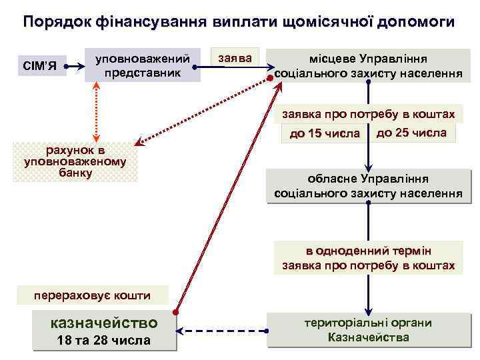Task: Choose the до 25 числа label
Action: [x=411, y=133]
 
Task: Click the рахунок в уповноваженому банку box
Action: [x=75, y=162]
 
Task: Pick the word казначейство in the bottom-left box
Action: [x=105, y=323]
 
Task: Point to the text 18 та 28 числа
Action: [x=105, y=341]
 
